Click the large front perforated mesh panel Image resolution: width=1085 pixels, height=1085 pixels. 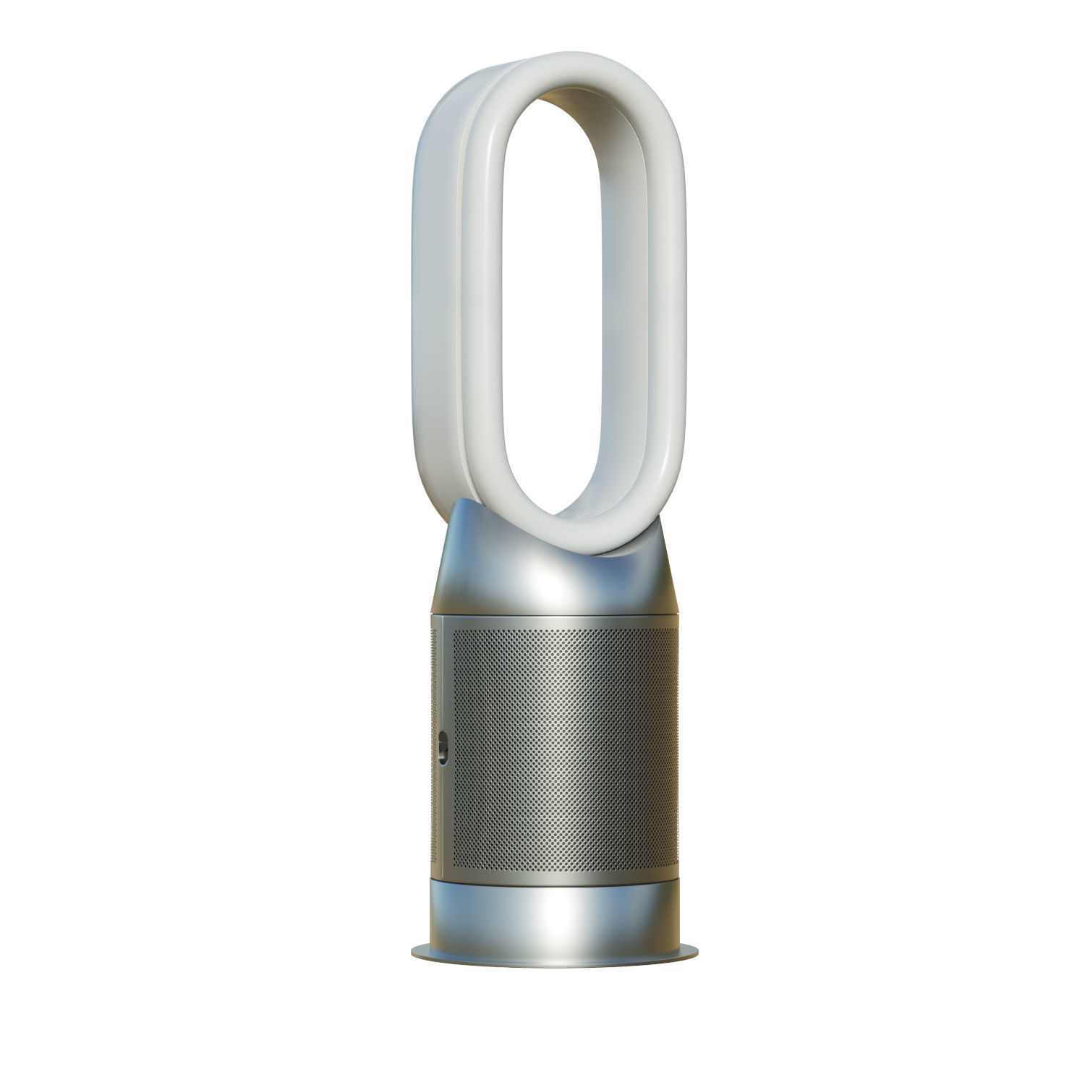pyautogui.click(x=564, y=749)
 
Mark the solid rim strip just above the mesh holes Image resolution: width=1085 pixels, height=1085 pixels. pyautogui.click(x=564, y=621)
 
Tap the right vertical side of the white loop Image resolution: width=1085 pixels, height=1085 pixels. pyautogui.click(x=665, y=304)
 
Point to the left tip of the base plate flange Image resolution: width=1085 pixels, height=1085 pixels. pyautogui.click(x=414, y=949)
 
